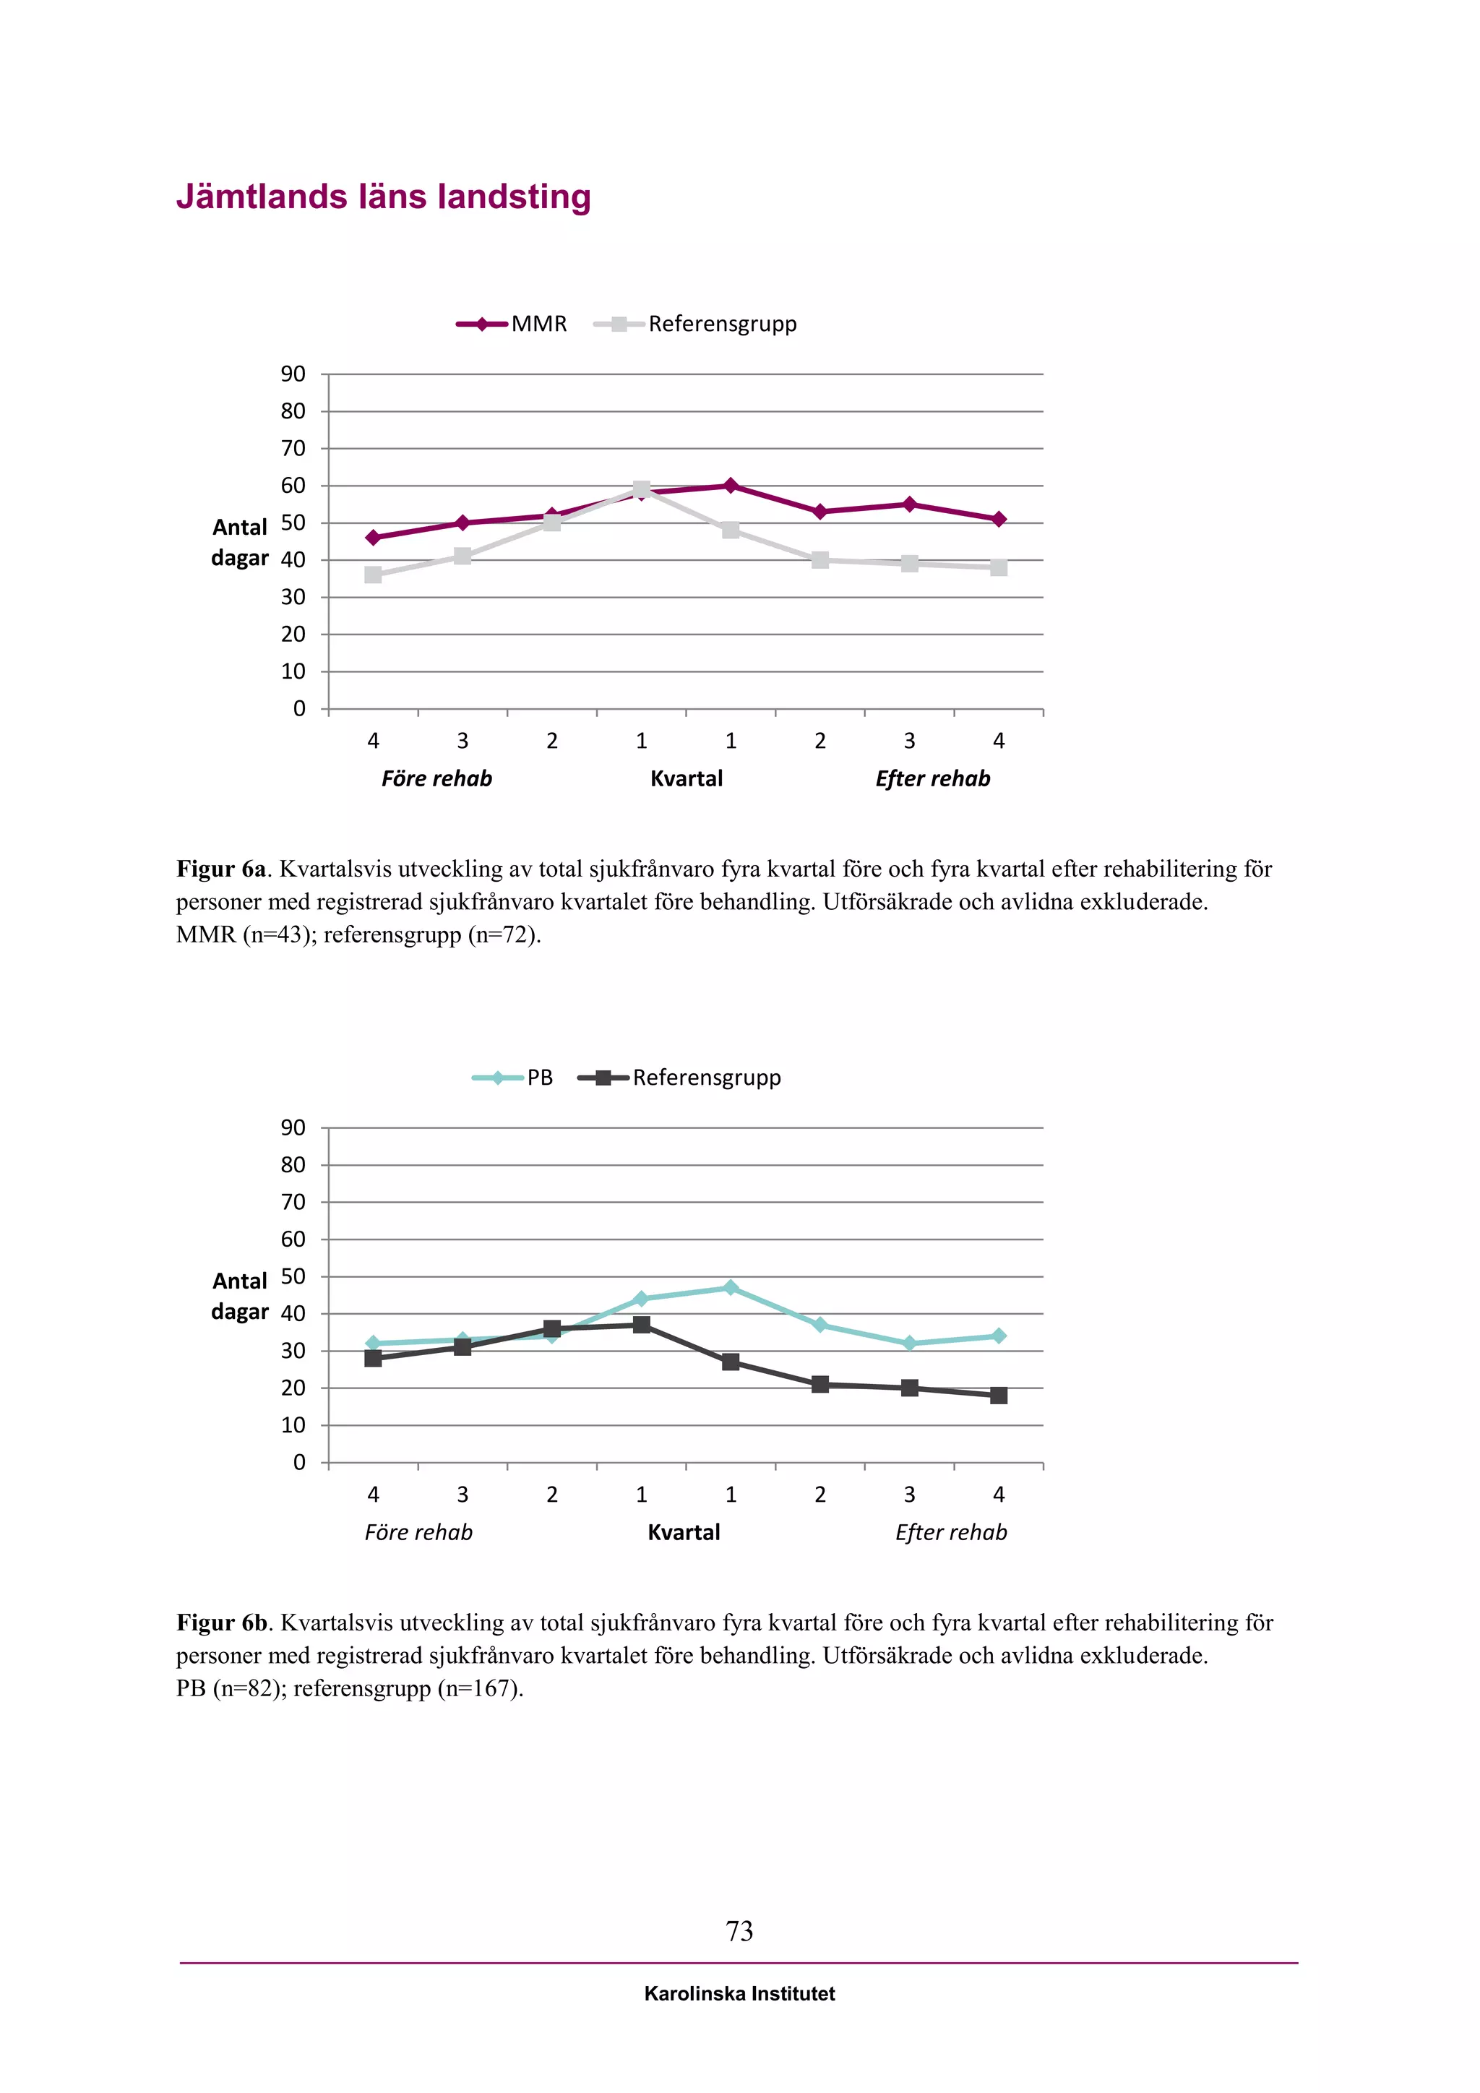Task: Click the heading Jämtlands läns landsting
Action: click(383, 197)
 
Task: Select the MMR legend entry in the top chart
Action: click(512, 324)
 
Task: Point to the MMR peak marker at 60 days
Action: click(730, 486)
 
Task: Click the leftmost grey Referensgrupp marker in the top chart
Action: click(373, 575)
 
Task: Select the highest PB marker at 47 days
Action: click(730, 1287)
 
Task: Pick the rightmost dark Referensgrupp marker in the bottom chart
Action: click(998, 1396)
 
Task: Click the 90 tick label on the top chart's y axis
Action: click(293, 374)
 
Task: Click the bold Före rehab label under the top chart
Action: click(436, 778)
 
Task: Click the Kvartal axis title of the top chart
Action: click(687, 778)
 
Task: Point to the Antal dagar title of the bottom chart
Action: click(240, 1295)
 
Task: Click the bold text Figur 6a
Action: click(220, 869)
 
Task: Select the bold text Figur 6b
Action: click(221, 1623)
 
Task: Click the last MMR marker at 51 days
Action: click(998, 519)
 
